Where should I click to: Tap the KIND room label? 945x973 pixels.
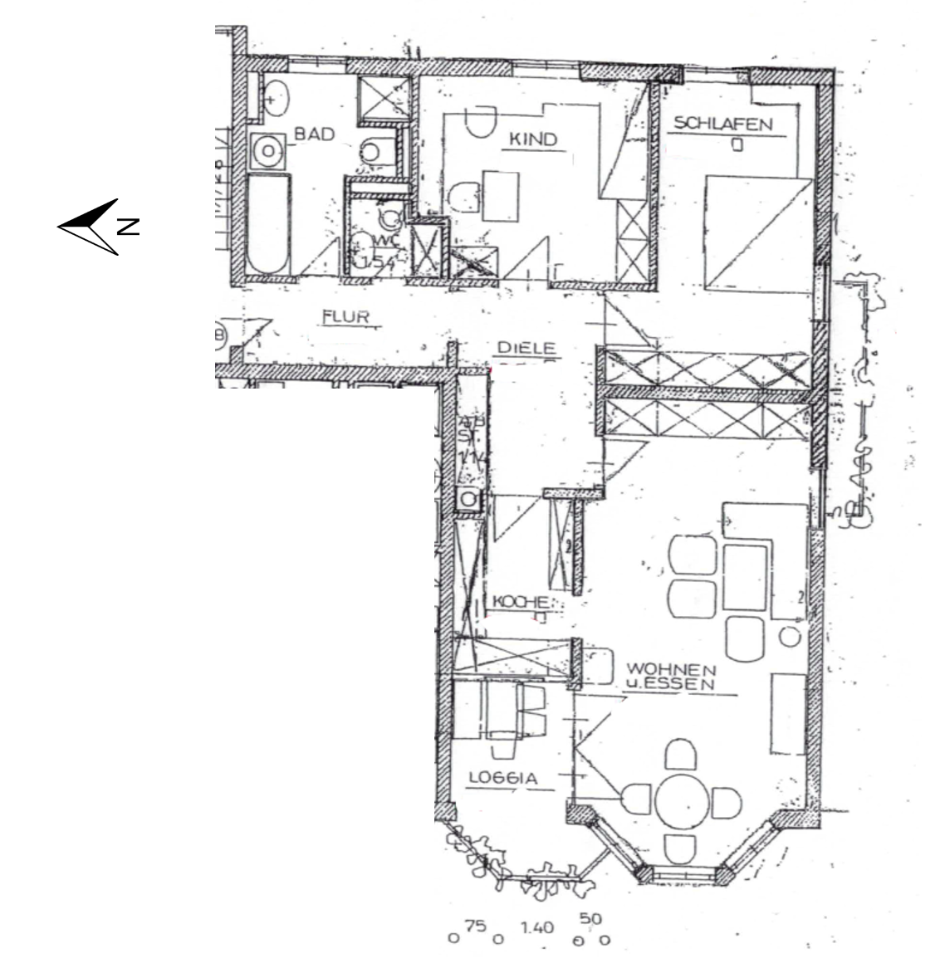click(x=532, y=139)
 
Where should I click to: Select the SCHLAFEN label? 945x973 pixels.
click(x=722, y=124)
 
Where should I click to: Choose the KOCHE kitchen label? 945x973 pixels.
click(x=521, y=602)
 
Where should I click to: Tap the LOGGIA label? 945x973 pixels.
click(x=504, y=778)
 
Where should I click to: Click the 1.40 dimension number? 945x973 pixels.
click(x=537, y=927)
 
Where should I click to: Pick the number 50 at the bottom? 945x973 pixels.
click(x=592, y=920)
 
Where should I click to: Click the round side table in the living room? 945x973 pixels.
click(x=789, y=637)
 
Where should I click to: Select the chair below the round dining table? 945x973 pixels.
click(x=680, y=849)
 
